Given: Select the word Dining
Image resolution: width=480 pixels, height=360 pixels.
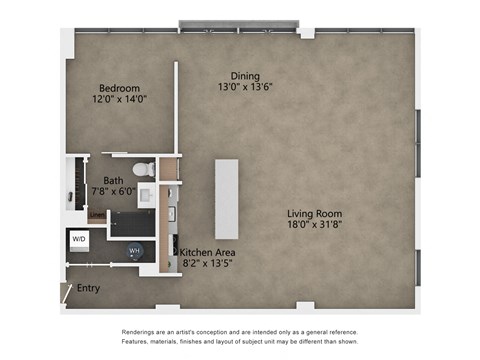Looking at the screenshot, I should click(245, 76).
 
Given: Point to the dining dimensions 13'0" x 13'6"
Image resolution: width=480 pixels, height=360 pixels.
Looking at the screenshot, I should click(245, 87).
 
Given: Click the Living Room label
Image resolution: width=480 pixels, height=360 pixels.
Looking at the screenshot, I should click(315, 214).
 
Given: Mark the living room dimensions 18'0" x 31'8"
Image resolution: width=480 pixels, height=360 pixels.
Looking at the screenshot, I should click(315, 225).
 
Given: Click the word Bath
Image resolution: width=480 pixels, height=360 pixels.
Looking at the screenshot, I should click(113, 181).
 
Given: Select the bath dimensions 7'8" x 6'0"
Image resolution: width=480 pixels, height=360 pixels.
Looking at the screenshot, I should click(113, 192).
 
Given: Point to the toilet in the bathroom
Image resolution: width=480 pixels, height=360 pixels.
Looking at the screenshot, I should click(146, 169).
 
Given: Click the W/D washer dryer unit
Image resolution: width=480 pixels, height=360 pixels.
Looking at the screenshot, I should click(79, 239).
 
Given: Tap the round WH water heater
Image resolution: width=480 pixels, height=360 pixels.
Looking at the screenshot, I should click(135, 251).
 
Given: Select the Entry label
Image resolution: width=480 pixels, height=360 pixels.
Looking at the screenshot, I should click(89, 288).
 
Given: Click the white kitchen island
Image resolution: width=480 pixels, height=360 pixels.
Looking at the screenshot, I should click(227, 197).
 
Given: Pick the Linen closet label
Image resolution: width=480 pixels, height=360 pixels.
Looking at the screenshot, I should click(96, 214).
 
